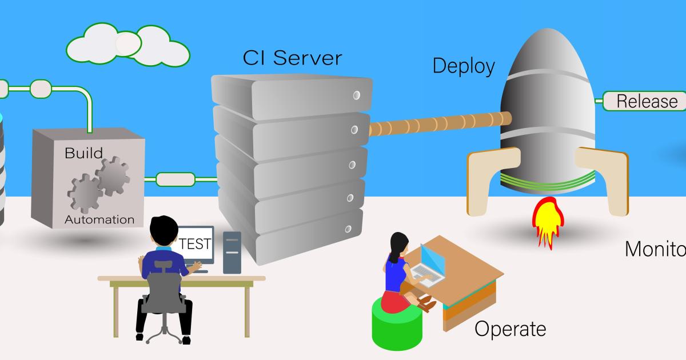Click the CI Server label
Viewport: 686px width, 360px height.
point(292,58)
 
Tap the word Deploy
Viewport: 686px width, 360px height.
point(463,66)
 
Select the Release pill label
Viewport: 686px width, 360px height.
point(647,101)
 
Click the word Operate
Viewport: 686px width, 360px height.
point(510,329)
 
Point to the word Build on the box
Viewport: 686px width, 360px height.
point(83,153)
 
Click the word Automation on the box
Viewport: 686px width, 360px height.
point(99,219)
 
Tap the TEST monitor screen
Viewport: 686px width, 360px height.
point(195,244)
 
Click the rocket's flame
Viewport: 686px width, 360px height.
point(546,220)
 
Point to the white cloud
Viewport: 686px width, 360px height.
point(128,45)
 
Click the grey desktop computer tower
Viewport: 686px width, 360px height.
point(232,252)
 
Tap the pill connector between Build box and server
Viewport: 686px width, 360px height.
point(175,179)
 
